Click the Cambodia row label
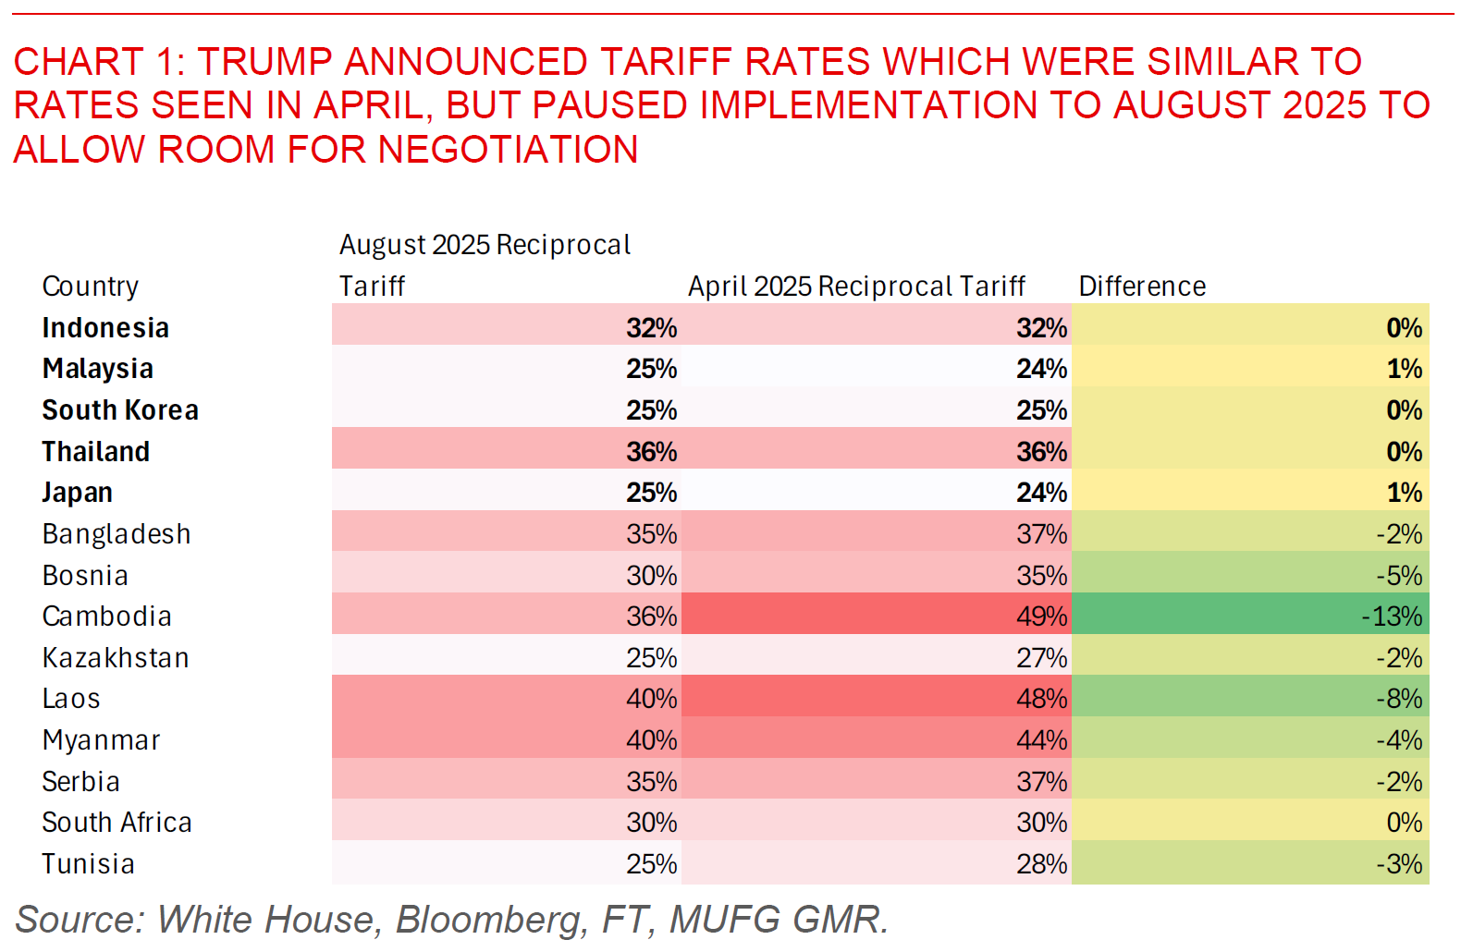tap(106, 616)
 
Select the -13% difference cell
tap(1392, 616)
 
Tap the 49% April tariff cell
tap(1041, 616)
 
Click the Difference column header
tap(1142, 287)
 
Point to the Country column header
tap(91, 287)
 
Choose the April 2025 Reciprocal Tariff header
tap(856, 287)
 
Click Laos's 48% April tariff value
tap(1041, 699)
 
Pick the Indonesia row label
tap(105, 328)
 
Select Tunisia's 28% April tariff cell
tap(1041, 864)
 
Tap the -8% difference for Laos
tap(1399, 699)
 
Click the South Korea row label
tap(120, 410)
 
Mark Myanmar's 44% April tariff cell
tap(1041, 740)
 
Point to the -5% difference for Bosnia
tap(1399, 576)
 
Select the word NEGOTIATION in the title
tap(508, 150)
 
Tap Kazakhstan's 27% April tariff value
tap(1041, 658)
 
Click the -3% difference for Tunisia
tap(1399, 864)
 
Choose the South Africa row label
tap(117, 823)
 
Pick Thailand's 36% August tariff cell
tap(651, 452)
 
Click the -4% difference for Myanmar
tap(1399, 740)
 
